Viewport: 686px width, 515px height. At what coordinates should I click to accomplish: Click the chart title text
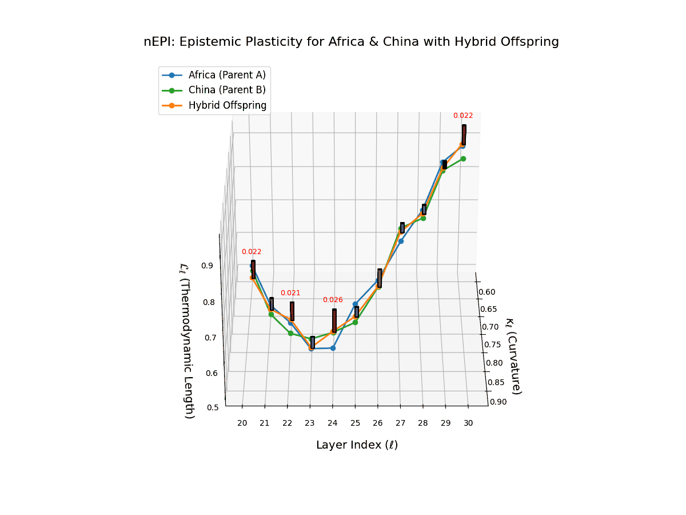tap(351, 42)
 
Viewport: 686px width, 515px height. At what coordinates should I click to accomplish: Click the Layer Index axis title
tap(357, 445)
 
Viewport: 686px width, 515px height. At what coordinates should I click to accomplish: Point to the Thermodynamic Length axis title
tap(188, 340)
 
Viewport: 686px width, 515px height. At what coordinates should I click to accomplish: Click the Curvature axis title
tap(513, 356)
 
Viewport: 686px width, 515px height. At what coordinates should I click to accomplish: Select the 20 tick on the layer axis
tap(242, 423)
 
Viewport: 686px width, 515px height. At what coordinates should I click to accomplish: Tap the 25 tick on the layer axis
tap(355, 423)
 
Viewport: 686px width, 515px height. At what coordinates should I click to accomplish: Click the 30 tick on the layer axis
tap(468, 423)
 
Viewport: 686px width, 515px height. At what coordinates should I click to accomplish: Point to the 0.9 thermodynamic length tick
tap(207, 266)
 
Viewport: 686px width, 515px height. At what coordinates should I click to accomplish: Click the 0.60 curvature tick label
tap(486, 292)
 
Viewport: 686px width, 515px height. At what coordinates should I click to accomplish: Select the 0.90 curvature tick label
tap(498, 402)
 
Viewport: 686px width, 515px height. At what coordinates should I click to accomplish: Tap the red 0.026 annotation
tap(333, 300)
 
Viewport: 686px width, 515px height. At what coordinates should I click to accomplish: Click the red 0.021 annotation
tap(290, 293)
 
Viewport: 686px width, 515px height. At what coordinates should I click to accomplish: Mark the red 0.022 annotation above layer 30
tap(463, 116)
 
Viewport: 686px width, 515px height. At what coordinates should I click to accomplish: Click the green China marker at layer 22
tap(290, 333)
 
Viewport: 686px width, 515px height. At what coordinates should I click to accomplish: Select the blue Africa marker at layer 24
tap(333, 348)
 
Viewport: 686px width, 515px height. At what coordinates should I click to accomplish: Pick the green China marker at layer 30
tap(463, 159)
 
